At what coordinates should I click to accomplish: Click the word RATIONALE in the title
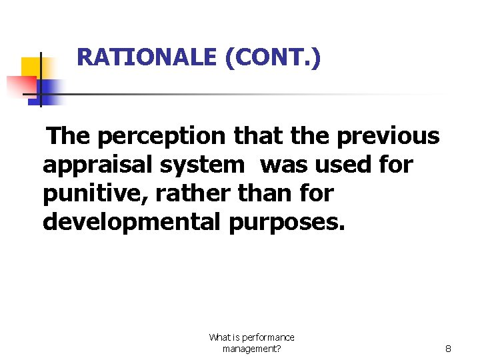[147, 57]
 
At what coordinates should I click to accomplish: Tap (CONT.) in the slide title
[273, 57]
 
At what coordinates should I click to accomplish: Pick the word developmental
[131, 222]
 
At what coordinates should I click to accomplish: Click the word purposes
[287, 222]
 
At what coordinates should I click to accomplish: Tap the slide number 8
[449, 348]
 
